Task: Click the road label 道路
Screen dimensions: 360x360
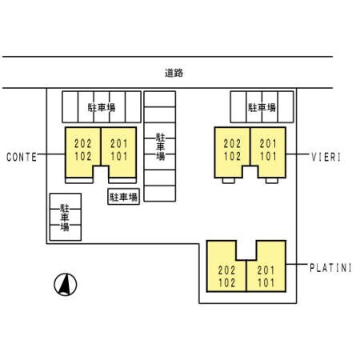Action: coord(174,73)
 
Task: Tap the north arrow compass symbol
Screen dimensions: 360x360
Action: coord(66,285)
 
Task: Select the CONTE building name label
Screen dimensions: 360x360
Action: coord(22,157)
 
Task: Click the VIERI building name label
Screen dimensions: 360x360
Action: coord(326,157)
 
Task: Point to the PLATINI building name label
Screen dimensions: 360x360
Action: coord(330,268)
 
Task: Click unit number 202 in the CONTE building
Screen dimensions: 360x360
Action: coord(83,144)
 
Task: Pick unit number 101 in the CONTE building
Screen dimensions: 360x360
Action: coord(119,156)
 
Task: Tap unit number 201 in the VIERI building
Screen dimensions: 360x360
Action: coord(268,144)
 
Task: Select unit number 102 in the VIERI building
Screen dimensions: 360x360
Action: coord(232,156)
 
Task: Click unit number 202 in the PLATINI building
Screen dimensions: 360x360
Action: coord(226,270)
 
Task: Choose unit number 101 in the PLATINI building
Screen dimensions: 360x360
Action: coord(266,282)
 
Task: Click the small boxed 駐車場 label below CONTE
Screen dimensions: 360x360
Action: coord(123,197)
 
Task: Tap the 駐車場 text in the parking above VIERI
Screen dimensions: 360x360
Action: coord(262,107)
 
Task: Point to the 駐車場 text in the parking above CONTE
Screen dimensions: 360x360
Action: coord(102,107)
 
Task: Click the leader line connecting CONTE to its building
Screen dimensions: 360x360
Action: coord(51,154)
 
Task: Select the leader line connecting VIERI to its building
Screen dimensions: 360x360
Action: coord(297,154)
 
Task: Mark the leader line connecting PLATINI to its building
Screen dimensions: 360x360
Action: coord(296,264)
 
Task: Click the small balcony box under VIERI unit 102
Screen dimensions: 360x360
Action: coord(229,181)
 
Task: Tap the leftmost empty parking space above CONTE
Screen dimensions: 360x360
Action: coord(70,107)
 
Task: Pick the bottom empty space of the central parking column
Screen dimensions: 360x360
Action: coord(160,194)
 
